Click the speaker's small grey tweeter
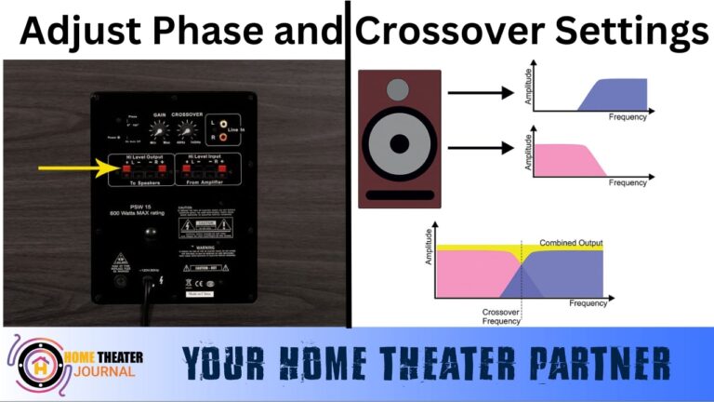click(397, 90)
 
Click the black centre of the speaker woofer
click(398, 145)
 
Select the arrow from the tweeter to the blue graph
click(480, 93)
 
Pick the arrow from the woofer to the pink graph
click(480, 147)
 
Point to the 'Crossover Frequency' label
click(501, 317)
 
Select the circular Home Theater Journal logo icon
click(40, 363)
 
